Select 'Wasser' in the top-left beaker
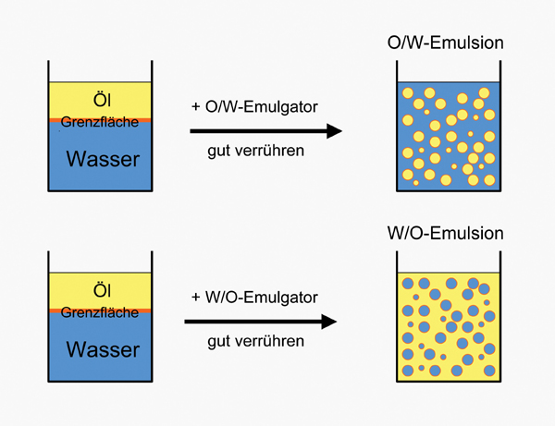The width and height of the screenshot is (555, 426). [103, 159]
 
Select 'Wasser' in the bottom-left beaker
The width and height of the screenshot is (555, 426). [103, 350]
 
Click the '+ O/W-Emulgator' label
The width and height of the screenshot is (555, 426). [254, 106]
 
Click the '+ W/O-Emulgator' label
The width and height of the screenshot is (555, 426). [254, 298]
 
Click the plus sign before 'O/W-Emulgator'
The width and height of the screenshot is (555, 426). [196, 107]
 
